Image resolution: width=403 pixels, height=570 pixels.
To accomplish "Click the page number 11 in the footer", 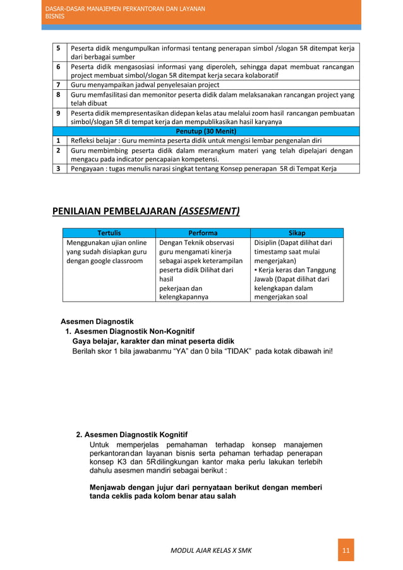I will tap(346, 550).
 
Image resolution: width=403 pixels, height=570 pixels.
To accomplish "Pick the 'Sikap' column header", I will tap(296, 233).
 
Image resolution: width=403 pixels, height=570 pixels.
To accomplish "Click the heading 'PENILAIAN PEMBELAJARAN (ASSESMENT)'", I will tap(145, 211).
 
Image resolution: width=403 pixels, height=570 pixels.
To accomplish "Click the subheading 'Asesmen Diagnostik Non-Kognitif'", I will tap(134, 331).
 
